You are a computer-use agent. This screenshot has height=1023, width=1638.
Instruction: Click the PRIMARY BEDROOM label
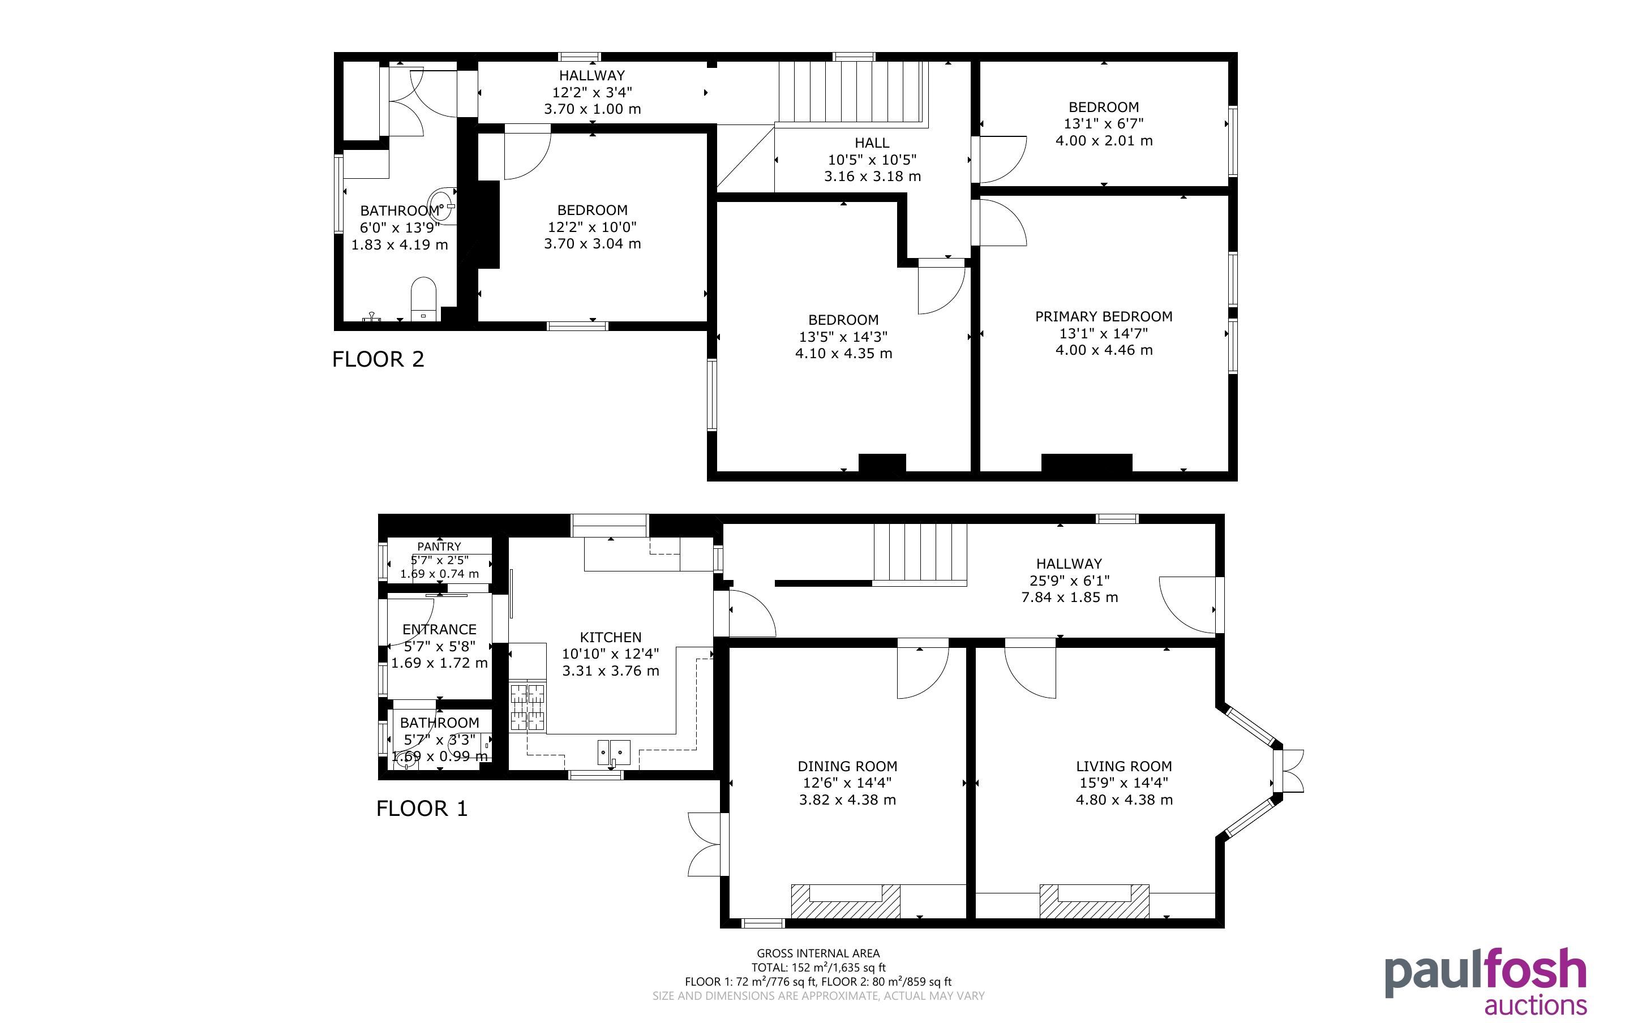point(1104,317)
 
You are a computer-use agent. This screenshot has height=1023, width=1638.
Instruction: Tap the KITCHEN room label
point(610,637)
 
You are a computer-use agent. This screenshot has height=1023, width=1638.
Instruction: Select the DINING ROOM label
point(847,767)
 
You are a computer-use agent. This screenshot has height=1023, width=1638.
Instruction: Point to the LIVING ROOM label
point(1124,767)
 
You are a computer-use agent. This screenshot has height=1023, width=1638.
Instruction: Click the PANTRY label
point(439,547)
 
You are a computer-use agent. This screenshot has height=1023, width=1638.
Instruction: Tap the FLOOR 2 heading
point(378,359)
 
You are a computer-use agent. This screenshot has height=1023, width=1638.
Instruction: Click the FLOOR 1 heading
point(422,809)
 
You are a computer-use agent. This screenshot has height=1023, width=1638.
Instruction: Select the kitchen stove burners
point(527,707)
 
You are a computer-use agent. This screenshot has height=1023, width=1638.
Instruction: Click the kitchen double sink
point(613,753)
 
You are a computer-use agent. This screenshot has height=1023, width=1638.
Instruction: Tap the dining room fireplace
point(846,901)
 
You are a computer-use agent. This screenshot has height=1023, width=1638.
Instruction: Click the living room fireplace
point(1094,901)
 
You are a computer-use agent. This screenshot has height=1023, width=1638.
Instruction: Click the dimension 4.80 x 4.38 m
point(1124,800)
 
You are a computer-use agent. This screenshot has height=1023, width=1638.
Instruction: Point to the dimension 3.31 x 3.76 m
point(610,671)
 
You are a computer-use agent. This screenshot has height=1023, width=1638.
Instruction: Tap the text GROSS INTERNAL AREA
point(818,954)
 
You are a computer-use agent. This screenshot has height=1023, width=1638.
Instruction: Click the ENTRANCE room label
point(439,630)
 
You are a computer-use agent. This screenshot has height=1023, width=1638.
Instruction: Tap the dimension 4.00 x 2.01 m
point(1104,141)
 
